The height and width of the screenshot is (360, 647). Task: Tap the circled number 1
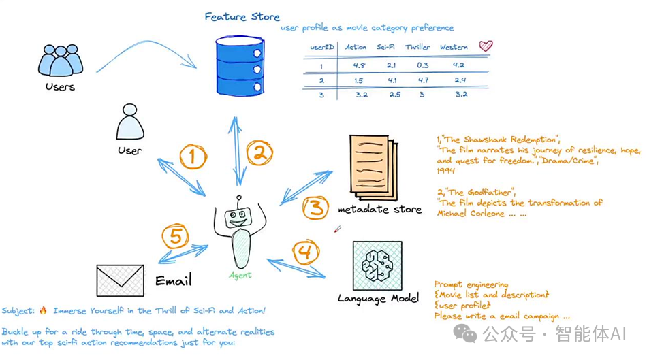pyautogui.click(x=193, y=157)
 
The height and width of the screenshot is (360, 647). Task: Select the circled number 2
pyautogui.click(x=259, y=154)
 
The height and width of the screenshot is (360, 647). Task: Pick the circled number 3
pyautogui.click(x=316, y=207)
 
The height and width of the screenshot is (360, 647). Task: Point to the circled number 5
pyautogui.click(x=175, y=237)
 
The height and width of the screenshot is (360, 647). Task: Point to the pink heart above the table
pyautogui.click(x=486, y=46)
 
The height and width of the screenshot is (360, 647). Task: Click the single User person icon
pyautogui.click(x=129, y=123)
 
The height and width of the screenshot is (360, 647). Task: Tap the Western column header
pyautogui.click(x=454, y=48)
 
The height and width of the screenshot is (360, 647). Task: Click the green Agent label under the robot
pyautogui.click(x=240, y=275)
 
